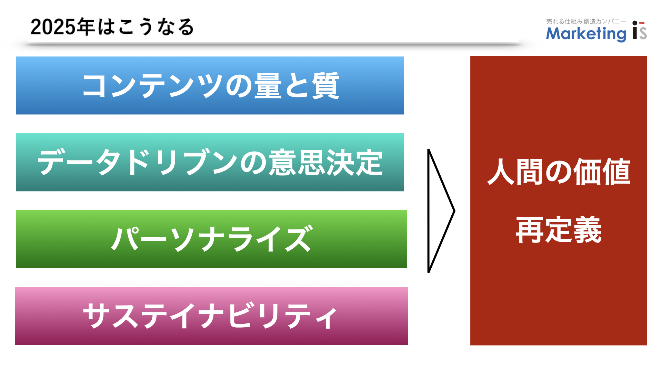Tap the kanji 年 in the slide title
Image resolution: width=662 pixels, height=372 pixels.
click(86, 27)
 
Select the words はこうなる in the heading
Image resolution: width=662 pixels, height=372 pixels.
click(146, 27)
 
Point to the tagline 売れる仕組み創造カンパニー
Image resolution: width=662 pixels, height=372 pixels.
click(586, 21)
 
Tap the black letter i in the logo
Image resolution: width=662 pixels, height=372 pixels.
click(635, 30)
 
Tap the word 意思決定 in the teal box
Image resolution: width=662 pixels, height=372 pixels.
click(326, 162)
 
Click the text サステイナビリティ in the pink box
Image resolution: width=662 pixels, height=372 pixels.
click(210, 316)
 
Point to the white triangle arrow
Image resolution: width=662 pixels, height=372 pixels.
click(429, 211)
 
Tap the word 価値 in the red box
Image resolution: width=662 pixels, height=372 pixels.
click(602, 172)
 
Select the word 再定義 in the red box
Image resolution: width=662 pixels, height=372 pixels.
click(559, 230)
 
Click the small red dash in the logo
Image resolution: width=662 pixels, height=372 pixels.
click(642, 23)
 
